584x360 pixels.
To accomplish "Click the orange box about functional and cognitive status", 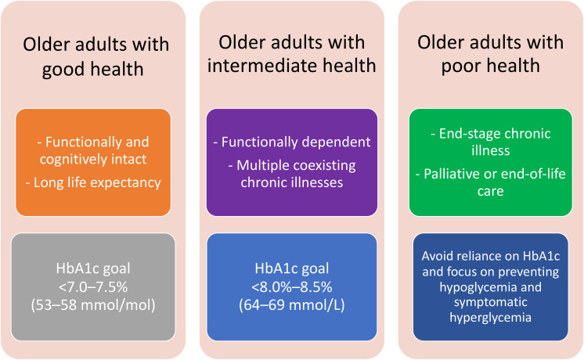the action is tap(93, 162).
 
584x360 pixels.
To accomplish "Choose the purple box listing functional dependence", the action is tap(292, 162).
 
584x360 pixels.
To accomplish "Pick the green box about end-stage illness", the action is tap(491, 162).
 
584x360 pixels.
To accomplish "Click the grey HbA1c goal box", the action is tap(93, 287).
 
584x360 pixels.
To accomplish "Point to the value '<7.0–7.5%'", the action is tap(93, 287).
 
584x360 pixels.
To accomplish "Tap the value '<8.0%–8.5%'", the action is tap(292, 287).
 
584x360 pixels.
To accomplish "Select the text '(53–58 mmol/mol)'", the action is tap(93, 305).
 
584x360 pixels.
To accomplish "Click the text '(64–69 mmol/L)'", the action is tap(292, 305).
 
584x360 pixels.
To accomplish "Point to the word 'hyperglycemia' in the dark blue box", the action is tap(491, 318).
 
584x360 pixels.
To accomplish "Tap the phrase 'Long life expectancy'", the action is tap(97, 183).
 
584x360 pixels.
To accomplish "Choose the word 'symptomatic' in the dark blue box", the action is tap(491, 302).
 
